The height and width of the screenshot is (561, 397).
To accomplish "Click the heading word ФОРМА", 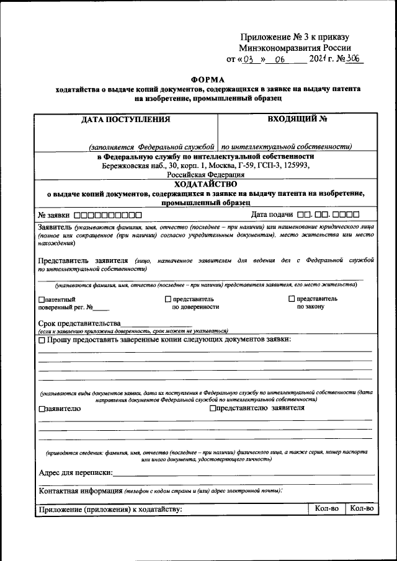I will [208, 79].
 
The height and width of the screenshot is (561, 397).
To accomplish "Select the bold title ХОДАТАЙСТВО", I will [206, 184].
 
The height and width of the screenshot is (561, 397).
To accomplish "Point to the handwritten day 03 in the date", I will [249, 61].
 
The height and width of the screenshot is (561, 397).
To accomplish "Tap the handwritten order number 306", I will [354, 60].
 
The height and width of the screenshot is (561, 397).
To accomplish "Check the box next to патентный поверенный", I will [41, 299].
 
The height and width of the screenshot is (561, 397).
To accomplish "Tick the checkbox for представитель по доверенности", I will [167, 299].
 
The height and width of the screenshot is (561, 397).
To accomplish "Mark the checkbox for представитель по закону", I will [292, 299].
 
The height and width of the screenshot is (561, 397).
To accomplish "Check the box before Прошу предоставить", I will [42, 340].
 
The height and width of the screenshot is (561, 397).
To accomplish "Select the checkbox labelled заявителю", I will [41, 409].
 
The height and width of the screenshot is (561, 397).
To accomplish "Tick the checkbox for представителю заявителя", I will [213, 409].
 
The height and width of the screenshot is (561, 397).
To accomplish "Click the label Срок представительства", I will [79, 323].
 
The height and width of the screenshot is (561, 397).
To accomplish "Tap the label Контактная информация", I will [80, 491].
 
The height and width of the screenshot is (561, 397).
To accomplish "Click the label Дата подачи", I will [272, 214].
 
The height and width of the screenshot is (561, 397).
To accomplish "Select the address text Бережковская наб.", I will [121, 166].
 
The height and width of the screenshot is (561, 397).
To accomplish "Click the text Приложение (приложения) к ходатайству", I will [110, 510].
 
